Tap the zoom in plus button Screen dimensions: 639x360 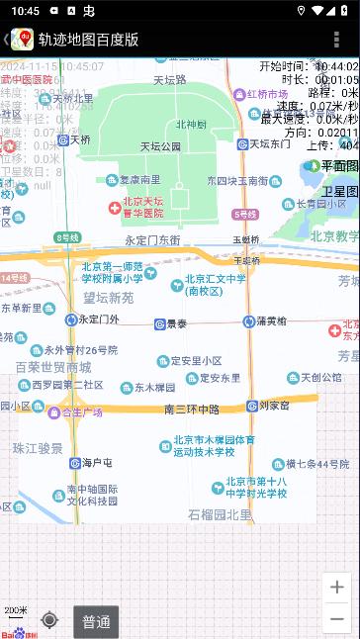tap(337, 588)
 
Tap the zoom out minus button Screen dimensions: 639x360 tap(337, 620)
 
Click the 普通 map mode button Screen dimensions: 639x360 tap(96, 622)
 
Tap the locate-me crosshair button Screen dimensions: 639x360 tap(49, 620)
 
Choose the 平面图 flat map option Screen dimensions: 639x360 tap(339, 166)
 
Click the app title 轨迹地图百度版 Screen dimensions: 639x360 tap(88, 40)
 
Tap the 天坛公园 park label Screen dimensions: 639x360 tap(160, 146)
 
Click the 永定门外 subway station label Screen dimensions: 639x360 tap(99, 319)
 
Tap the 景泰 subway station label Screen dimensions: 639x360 tap(176, 323)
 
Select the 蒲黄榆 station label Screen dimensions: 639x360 tap(271, 320)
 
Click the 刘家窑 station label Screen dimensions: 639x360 tap(274, 406)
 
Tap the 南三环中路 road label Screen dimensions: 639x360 tap(191, 409)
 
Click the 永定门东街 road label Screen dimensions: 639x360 tap(152, 240)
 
